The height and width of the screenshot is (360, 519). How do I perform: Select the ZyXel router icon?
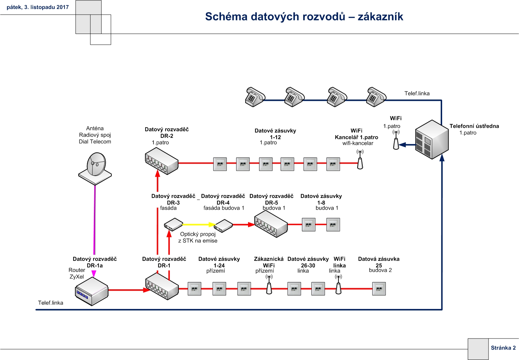92,291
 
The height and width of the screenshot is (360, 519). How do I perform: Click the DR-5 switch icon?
271,224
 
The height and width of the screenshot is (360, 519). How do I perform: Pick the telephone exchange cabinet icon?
432,140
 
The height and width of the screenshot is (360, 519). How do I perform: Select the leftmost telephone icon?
255,97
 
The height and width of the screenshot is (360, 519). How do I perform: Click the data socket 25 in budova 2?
379,289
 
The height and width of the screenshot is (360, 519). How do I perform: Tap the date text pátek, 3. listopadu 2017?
38,7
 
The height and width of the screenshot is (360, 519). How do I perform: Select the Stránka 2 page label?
503,348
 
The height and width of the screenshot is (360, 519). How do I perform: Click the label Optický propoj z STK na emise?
198,237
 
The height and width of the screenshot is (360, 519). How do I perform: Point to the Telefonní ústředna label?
474,126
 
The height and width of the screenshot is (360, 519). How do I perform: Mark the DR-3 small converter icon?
173,224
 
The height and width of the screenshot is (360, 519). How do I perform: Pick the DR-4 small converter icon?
223,226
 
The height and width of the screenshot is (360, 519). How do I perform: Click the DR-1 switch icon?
162,286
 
